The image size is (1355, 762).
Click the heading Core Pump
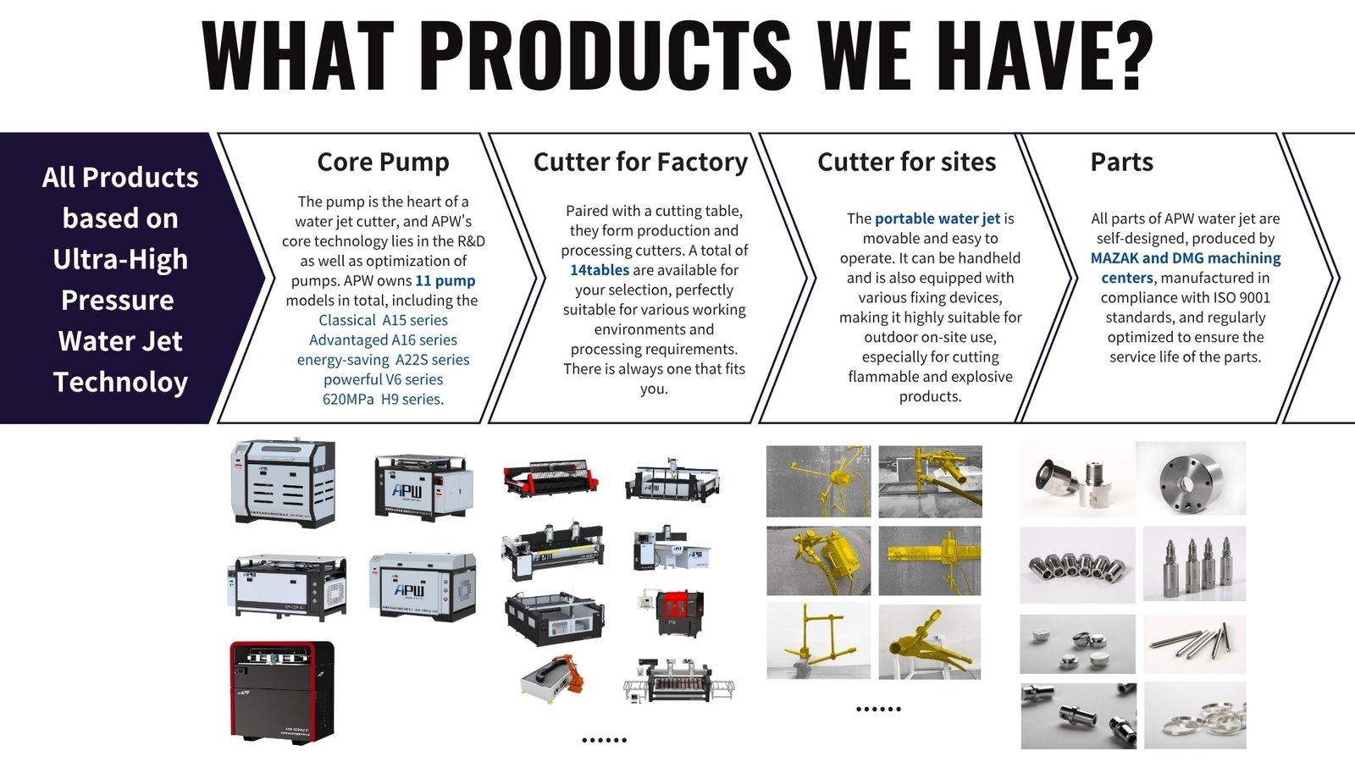[x=383, y=162]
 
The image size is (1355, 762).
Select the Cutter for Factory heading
[x=640, y=162]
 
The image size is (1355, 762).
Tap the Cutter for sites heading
[x=906, y=162]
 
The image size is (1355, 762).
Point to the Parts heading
[x=1121, y=162]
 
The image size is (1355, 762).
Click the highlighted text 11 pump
[x=445, y=280]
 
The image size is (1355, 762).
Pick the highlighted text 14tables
[x=600, y=270]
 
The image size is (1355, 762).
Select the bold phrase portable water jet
[x=937, y=218]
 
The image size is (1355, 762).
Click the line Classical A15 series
[x=383, y=320]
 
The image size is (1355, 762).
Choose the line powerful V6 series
[x=383, y=379]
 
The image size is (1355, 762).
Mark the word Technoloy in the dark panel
[x=120, y=382]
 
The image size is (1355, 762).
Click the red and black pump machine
[x=282, y=691]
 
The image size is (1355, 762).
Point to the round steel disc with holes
[x=1190, y=479]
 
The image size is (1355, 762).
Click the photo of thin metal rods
[x=1194, y=643]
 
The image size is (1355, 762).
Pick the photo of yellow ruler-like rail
[x=930, y=560]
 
